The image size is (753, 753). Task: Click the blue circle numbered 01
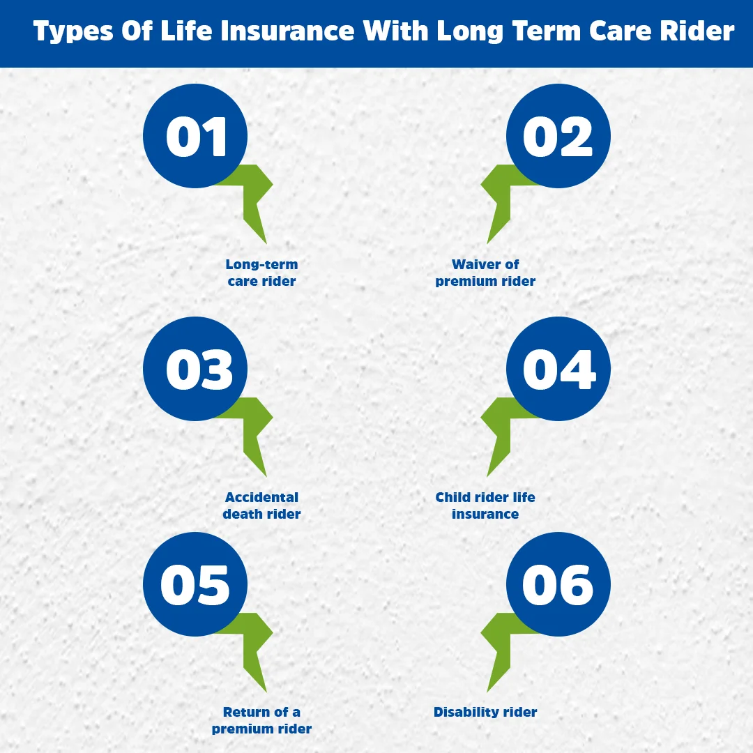[x=195, y=136]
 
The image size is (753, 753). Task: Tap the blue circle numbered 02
[x=558, y=136]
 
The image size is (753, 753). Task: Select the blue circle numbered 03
[x=195, y=369]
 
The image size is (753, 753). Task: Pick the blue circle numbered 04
[x=558, y=369]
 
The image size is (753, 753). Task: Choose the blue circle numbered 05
[x=195, y=584]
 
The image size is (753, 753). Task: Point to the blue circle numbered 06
[x=558, y=584]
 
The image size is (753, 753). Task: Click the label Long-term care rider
[x=261, y=273]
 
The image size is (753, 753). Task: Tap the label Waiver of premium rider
[x=485, y=273]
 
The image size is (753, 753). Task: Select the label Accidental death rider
[x=261, y=506]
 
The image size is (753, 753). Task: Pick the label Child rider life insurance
[x=485, y=506]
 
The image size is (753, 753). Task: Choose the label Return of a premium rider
[x=261, y=721]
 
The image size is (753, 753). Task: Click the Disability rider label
[x=485, y=713]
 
